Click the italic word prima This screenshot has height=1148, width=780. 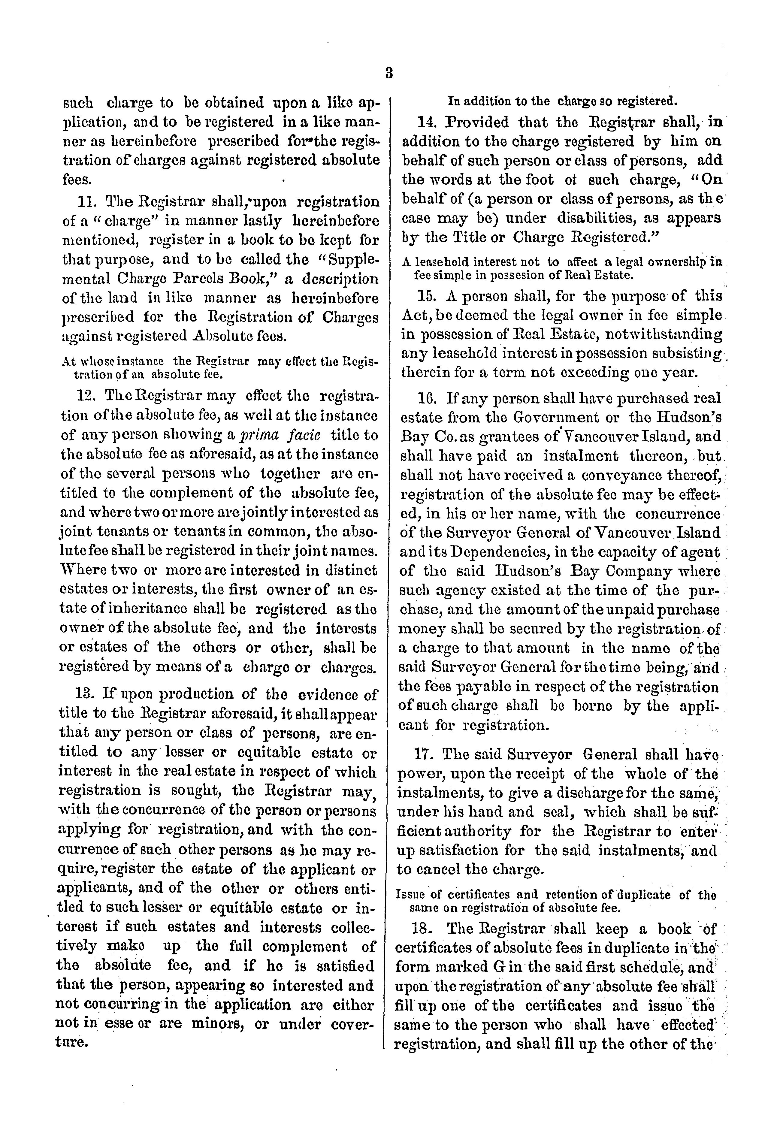click(262, 436)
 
